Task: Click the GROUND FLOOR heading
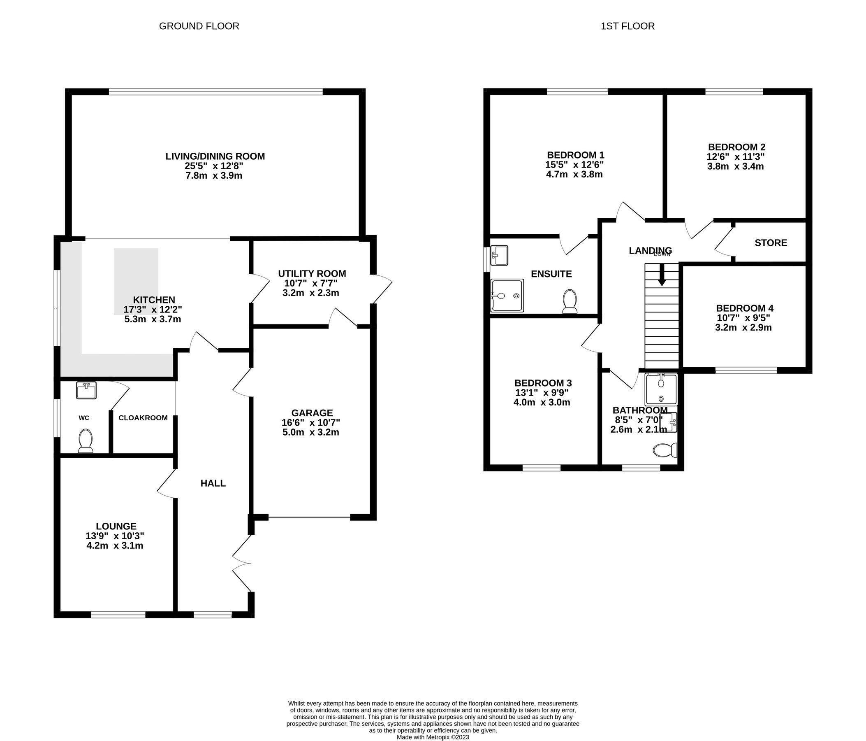pos(199,26)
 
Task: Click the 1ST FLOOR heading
pos(628,26)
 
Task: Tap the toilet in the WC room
pos(86,441)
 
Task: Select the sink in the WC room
pos(86,390)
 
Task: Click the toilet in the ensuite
pos(570,301)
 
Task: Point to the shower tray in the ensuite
pos(507,296)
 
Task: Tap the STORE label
pos(771,242)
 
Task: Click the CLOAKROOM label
pos(143,417)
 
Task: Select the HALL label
pos(213,483)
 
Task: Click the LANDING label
pos(650,250)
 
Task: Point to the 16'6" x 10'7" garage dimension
pos(310,423)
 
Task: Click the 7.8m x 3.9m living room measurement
pos(213,175)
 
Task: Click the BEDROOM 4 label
pos(744,308)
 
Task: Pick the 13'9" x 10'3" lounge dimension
pos(115,536)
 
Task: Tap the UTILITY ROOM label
pos(312,274)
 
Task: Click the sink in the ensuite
pos(499,255)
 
